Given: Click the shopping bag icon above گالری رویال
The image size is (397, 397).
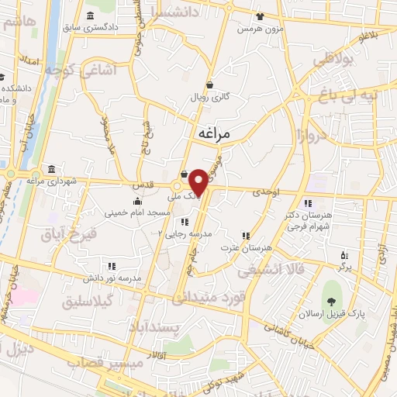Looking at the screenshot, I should tap(210, 85).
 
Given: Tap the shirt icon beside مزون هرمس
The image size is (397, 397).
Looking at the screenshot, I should tap(260, 16).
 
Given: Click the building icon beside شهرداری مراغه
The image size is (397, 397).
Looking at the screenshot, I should tap(51, 169).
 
